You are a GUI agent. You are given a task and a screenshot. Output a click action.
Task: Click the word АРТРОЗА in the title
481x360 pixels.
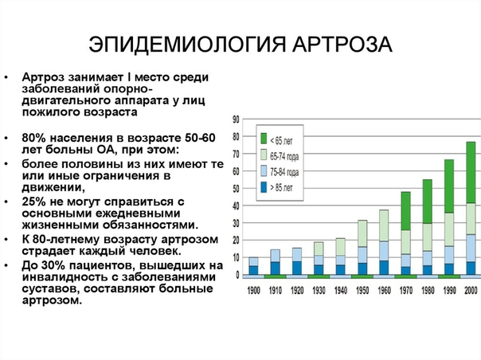pos(342,45)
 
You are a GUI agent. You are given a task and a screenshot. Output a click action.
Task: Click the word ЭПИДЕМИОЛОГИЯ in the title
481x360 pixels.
pos(187,45)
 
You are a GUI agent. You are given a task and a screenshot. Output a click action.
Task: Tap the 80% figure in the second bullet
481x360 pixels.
pos(33,138)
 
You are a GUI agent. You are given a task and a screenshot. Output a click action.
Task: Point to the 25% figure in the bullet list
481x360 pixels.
pos(33,202)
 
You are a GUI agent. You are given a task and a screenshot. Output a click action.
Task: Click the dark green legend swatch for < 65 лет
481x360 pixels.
pos(264,139)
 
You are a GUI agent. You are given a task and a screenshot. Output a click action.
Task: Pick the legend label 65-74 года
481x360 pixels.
pos(284,157)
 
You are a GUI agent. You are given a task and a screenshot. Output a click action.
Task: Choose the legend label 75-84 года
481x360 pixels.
pos(284,173)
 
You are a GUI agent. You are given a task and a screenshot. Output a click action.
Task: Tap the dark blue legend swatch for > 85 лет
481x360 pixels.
pos(264,187)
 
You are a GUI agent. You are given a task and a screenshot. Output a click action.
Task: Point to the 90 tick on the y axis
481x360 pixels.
pos(236,119)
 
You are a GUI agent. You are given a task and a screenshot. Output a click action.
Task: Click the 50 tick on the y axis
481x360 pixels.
pos(236,189)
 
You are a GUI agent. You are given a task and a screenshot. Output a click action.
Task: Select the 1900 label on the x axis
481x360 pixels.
pos(254,291)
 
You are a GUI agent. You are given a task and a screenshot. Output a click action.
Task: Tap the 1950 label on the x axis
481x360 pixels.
pos(362,291)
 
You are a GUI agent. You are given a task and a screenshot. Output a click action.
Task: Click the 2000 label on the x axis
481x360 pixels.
pos(471,291)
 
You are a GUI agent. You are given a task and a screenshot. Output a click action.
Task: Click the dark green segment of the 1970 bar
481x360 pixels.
pos(405,211)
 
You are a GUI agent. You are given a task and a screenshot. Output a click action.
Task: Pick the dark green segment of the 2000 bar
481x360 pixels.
pos(471,173)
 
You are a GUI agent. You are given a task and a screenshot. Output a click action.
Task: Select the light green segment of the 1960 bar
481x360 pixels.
pos(384,225)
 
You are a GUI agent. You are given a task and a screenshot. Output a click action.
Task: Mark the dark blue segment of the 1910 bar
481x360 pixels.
pos(276,268)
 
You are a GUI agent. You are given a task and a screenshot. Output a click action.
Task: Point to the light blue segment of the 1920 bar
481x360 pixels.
pos(297,255)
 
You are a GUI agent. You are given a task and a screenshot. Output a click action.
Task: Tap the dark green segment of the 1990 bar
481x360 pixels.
pos(449,186)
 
